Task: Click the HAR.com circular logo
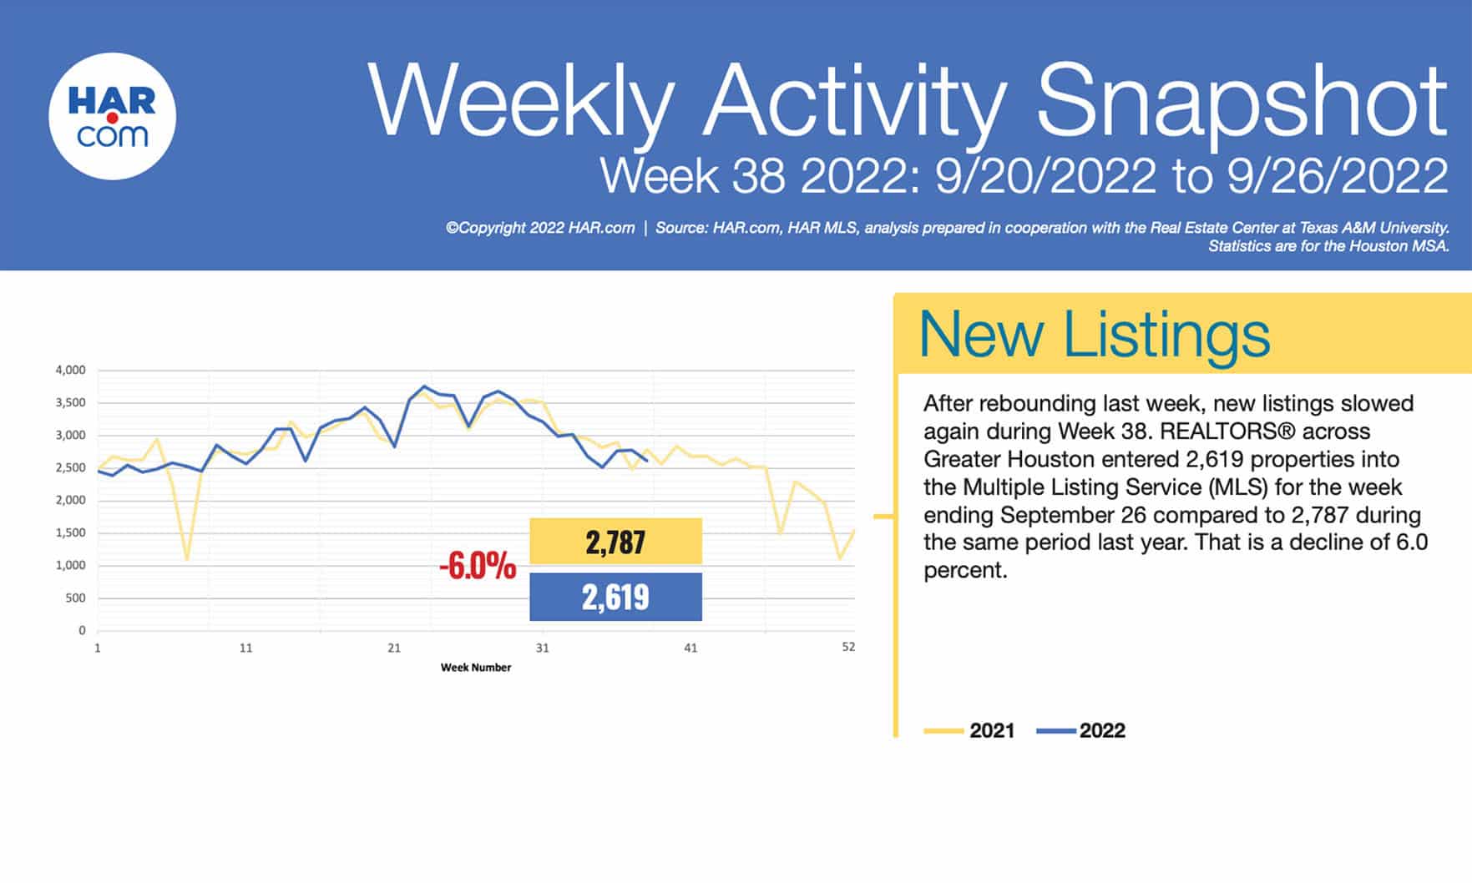[112, 116]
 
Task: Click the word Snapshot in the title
[1241, 103]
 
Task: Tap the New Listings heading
[1094, 335]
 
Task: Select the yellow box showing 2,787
[615, 542]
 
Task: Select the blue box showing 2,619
[615, 597]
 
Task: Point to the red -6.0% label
[478, 567]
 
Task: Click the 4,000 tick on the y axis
[70, 370]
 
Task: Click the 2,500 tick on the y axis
[70, 467]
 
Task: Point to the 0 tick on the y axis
[82, 630]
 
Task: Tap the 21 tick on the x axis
[394, 648]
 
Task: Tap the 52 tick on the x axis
[848, 647]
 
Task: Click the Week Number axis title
[476, 668]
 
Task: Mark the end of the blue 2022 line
[647, 460]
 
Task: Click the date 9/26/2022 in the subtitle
[1338, 176]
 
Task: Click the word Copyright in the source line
[492, 228]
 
